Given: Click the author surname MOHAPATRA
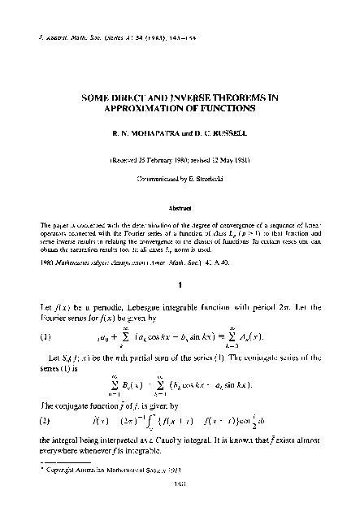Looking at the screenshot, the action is (x=143, y=135).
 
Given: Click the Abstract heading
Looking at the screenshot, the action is (x=180, y=207).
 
